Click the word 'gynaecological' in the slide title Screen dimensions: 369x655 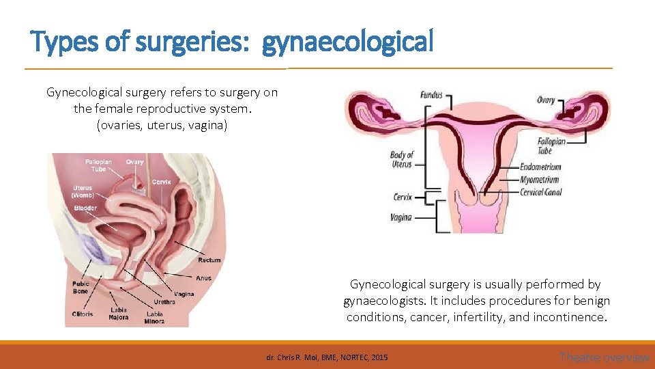(348, 42)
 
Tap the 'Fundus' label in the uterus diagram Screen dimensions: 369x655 (431, 95)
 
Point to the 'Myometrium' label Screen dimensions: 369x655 (540, 180)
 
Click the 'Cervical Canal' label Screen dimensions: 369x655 (541, 192)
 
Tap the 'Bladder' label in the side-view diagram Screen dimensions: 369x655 (86, 208)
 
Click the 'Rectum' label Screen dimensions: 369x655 (209, 260)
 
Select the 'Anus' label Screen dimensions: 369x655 (203, 278)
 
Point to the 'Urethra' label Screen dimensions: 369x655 (164, 301)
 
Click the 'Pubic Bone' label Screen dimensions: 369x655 (81, 288)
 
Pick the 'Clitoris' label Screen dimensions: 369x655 (83, 314)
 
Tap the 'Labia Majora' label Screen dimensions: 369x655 (119, 314)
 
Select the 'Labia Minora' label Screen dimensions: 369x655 (154, 318)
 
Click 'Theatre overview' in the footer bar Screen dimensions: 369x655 (604, 357)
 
